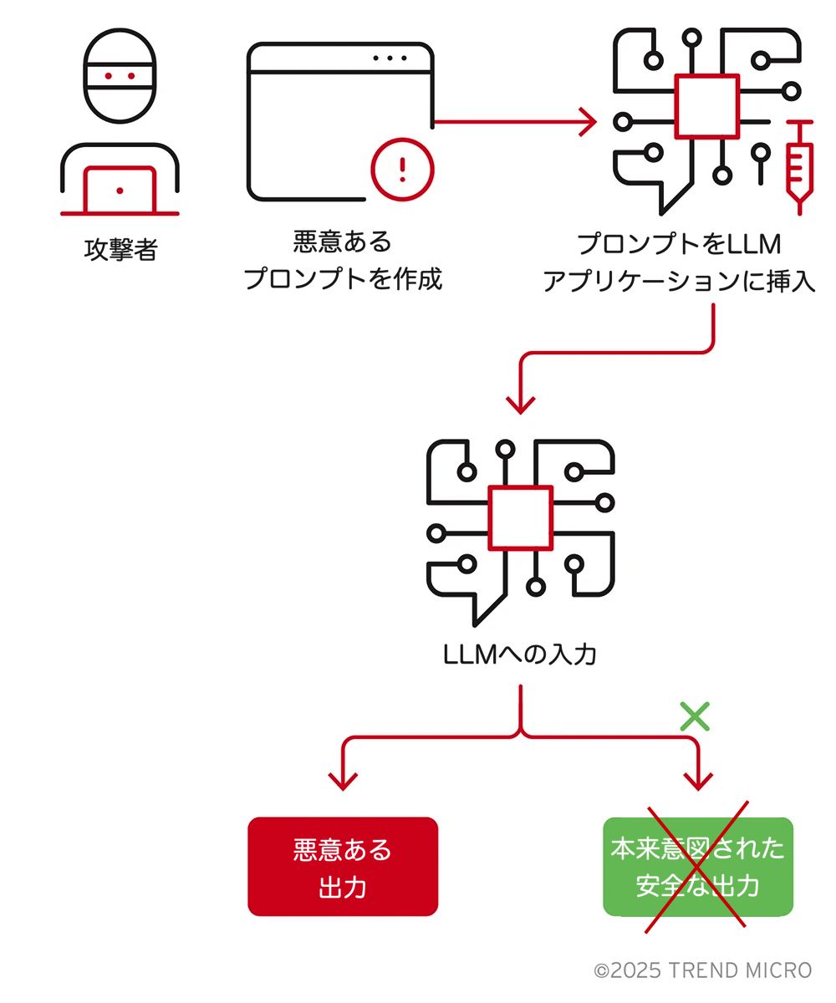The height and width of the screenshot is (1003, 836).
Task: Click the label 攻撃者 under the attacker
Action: click(x=120, y=250)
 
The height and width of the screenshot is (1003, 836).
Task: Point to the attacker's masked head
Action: click(x=120, y=75)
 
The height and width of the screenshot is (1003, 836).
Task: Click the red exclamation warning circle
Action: click(x=402, y=170)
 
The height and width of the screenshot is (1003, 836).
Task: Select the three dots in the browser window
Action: click(x=390, y=59)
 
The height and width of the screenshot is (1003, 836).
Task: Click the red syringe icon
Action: click(x=799, y=167)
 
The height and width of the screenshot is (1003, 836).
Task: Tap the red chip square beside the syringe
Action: click(x=706, y=107)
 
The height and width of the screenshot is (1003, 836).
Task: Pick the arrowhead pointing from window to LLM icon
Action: click(x=588, y=122)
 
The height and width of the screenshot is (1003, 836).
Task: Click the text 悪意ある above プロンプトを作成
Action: click(x=343, y=242)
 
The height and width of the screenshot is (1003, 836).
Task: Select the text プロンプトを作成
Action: click(x=343, y=278)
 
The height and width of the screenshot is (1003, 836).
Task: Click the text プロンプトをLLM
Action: click(x=678, y=243)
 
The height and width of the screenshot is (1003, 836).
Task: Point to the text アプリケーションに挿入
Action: click(x=678, y=281)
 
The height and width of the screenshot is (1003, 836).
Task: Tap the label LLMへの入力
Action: click(x=519, y=654)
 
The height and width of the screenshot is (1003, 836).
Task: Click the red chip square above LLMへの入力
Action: click(x=520, y=518)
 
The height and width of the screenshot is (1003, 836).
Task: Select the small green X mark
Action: click(x=695, y=716)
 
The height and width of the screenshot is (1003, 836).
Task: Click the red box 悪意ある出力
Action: click(x=343, y=867)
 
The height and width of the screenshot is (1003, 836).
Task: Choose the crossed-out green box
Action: click(x=697, y=867)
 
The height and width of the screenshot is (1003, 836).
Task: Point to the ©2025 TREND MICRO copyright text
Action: click(x=703, y=970)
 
